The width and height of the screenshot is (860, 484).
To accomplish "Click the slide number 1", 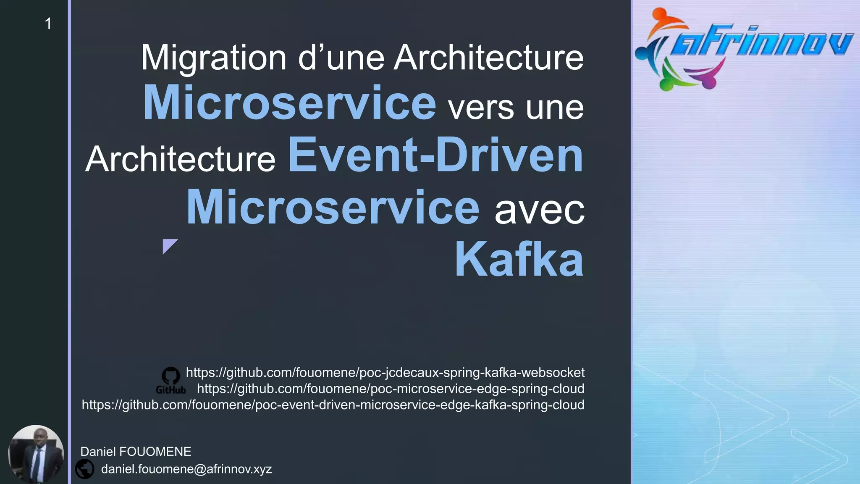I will pyautogui.click(x=48, y=24).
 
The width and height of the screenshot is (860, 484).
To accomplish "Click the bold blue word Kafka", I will pyautogui.click(x=519, y=260).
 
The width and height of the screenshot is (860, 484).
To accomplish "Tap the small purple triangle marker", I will pyautogui.click(x=169, y=245).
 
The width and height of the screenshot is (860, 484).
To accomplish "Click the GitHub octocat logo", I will pyautogui.click(x=171, y=377).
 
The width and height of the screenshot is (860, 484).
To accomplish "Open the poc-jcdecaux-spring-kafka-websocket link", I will pyautogui.click(x=385, y=373).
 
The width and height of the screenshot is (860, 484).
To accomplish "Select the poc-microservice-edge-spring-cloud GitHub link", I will pyautogui.click(x=391, y=389).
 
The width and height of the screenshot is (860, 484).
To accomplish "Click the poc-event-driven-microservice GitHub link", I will pyautogui.click(x=333, y=405).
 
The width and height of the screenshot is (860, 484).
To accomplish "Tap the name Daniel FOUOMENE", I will pyautogui.click(x=136, y=452).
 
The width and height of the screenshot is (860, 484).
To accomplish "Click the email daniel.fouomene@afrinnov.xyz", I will pyautogui.click(x=186, y=469).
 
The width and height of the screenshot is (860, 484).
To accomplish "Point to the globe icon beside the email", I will pyautogui.click(x=85, y=469).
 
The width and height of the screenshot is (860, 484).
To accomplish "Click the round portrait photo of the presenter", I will pyautogui.click(x=36, y=454).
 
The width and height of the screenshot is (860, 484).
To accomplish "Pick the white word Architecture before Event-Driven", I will pyautogui.click(x=181, y=159).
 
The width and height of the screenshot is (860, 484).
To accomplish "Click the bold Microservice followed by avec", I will pyautogui.click(x=333, y=208).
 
